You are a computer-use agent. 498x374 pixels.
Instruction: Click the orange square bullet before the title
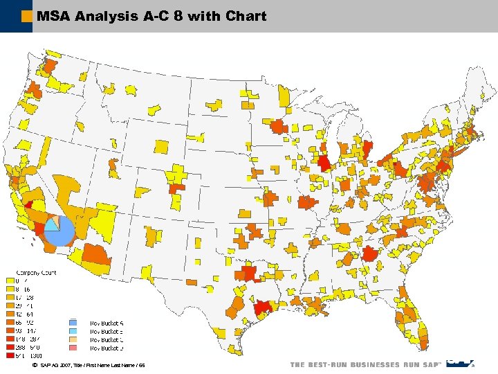(26, 16)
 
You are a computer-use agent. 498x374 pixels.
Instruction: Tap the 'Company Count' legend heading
(36, 272)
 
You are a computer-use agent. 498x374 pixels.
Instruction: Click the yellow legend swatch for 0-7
(10, 280)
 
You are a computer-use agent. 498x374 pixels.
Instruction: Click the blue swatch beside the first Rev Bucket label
(73, 323)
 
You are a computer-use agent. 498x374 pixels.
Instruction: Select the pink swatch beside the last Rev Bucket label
(73, 348)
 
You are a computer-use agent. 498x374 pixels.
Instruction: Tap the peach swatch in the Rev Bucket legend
(73, 339)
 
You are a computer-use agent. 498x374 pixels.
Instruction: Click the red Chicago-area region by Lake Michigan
(323, 163)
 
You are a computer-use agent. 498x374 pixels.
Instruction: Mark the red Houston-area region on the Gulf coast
(262, 308)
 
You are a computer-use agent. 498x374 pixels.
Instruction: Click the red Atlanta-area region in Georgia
(369, 254)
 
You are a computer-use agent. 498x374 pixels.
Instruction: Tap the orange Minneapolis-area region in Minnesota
(279, 127)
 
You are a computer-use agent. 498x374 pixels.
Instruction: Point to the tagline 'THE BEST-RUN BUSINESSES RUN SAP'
(364, 365)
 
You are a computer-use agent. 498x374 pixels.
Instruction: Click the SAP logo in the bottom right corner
(459, 362)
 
